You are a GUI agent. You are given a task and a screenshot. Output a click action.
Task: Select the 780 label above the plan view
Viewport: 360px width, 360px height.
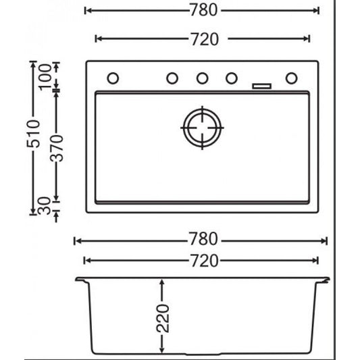(x=203, y=11)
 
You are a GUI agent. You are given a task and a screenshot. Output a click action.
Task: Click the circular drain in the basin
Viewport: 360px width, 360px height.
(x=202, y=126)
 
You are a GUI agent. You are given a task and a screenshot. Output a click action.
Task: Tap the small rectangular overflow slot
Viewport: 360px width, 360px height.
(x=261, y=86)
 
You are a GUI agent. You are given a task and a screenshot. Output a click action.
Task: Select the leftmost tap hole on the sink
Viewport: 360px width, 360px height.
(x=113, y=78)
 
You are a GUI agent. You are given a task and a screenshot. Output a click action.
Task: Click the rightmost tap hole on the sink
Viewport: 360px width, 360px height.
(x=290, y=78)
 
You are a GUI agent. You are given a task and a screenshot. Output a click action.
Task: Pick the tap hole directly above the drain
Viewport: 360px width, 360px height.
(x=202, y=78)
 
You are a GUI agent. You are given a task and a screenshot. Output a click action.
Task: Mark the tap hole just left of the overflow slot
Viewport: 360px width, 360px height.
(x=232, y=78)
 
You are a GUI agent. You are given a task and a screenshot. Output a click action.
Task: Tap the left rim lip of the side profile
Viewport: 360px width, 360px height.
(x=80, y=280)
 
